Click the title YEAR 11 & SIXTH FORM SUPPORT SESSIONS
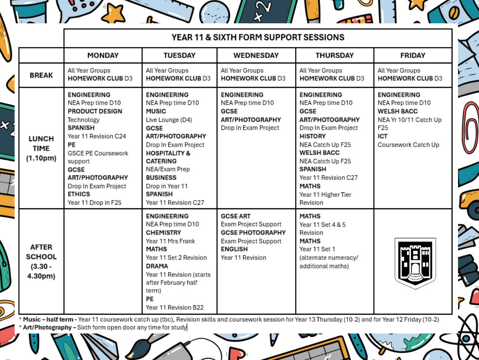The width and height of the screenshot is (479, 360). click(x=258, y=37)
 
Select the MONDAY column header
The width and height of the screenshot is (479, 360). click(x=103, y=55)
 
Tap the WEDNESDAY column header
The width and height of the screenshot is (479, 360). click(x=256, y=55)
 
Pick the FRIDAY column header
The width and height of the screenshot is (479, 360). click(x=412, y=55)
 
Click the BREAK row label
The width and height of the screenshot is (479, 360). click(x=41, y=75)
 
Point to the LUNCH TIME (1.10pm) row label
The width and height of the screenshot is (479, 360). click(x=41, y=148)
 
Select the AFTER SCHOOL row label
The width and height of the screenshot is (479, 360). click(x=41, y=261)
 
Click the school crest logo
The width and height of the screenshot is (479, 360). click(x=415, y=263)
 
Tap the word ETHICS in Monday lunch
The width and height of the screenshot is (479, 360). click(x=79, y=194)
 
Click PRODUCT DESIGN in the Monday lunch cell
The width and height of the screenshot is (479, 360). click(x=95, y=111)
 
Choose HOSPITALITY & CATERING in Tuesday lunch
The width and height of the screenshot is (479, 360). click(x=168, y=157)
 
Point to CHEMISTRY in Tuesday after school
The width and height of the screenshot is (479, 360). click(x=163, y=233)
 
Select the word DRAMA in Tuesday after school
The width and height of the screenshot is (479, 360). click(x=157, y=266)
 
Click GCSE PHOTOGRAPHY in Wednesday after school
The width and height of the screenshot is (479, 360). click(x=253, y=233)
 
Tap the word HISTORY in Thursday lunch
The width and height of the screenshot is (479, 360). click(x=312, y=136)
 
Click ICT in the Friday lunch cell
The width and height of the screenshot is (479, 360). click(x=382, y=136)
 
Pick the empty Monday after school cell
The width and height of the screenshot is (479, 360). click(x=103, y=261)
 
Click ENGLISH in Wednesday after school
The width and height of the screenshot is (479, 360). click(x=234, y=249)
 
